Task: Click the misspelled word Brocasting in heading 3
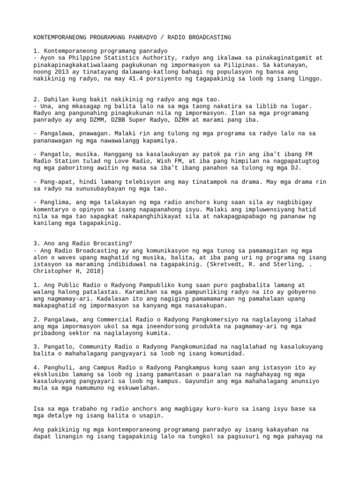point(115,243)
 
